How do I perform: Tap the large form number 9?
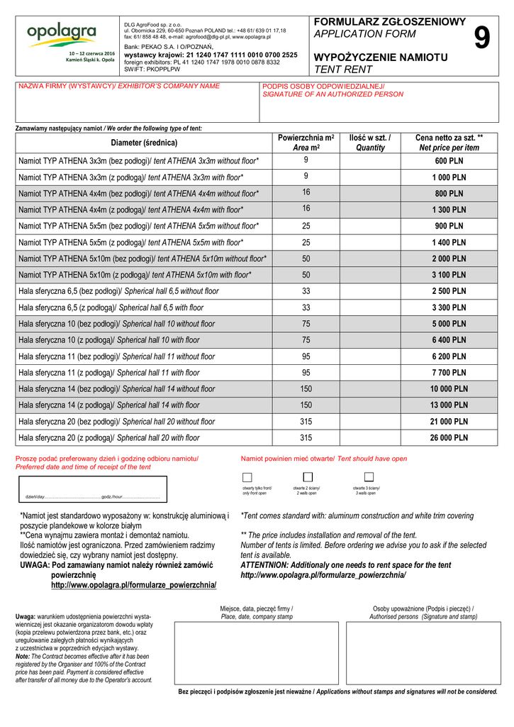(x=481, y=38)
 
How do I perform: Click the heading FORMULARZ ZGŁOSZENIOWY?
(x=389, y=22)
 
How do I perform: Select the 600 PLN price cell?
(x=449, y=161)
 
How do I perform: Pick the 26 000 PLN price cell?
(x=449, y=438)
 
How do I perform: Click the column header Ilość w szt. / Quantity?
(x=370, y=142)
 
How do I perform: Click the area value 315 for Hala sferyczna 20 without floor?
(x=306, y=422)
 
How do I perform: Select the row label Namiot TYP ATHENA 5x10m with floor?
(x=135, y=275)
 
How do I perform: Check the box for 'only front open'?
(x=247, y=477)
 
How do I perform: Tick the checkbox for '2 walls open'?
(x=308, y=477)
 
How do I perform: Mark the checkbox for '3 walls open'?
(x=369, y=477)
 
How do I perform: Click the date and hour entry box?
(x=92, y=488)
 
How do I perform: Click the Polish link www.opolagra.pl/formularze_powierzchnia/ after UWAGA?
(x=133, y=585)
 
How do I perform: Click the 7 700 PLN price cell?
(x=449, y=373)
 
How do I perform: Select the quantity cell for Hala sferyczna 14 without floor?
(x=370, y=389)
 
